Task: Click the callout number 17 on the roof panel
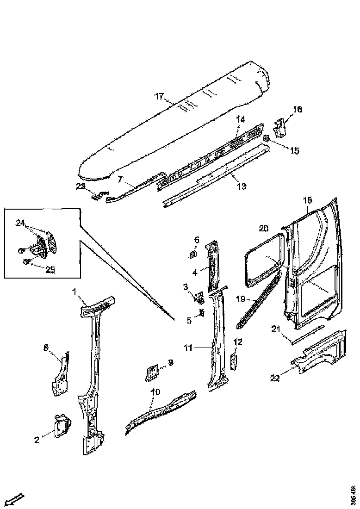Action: (x=159, y=97)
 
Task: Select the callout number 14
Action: (x=240, y=119)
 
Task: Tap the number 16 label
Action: (x=298, y=109)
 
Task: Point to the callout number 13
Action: (x=241, y=186)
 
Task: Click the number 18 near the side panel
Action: (x=308, y=200)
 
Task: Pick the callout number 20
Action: (x=263, y=228)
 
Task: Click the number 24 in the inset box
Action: (x=20, y=223)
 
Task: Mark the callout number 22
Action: (x=275, y=379)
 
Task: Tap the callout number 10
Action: (x=155, y=392)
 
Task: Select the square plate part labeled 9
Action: (x=151, y=371)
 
